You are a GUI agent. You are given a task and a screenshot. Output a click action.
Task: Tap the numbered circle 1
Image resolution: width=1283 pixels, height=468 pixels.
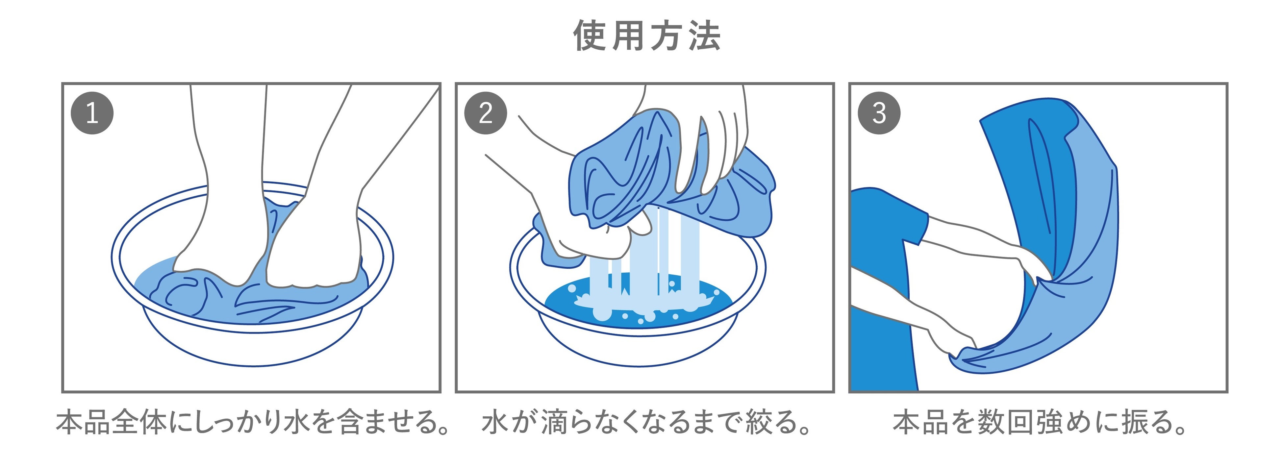92,113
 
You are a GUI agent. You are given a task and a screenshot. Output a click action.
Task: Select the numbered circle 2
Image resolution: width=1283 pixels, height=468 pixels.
486,113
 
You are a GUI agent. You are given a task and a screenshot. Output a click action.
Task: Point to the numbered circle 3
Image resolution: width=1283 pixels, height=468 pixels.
879,113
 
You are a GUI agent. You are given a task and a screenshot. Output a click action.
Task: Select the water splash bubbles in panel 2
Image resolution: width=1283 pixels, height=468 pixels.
642,306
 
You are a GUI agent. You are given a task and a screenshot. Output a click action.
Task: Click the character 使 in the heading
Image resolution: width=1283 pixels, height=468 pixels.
590,36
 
